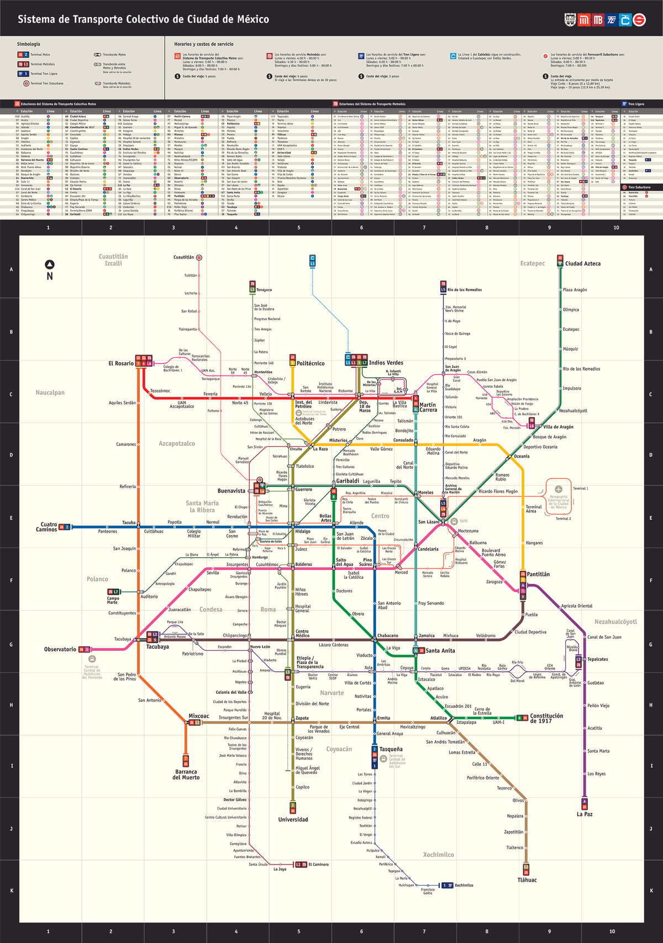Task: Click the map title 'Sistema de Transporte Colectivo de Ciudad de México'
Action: click(x=143, y=19)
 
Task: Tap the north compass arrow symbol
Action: click(x=50, y=265)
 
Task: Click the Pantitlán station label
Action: click(x=538, y=575)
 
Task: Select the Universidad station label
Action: click(x=293, y=819)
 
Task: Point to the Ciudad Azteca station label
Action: click(x=582, y=264)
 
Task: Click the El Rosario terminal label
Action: click(x=121, y=363)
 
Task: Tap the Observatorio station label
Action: click(x=60, y=649)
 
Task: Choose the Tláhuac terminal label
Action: click(x=527, y=880)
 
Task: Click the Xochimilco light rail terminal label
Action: click(x=464, y=885)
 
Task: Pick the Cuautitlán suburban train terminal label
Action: click(x=184, y=257)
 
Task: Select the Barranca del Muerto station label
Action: click(x=186, y=775)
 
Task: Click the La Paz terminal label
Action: click(x=585, y=814)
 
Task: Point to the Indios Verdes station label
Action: click(x=386, y=363)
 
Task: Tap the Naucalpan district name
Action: click(x=50, y=393)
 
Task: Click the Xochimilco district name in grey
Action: click(x=438, y=855)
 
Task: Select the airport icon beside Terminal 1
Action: click(x=559, y=489)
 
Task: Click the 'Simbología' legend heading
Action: click(x=28, y=44)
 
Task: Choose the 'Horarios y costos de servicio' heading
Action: click(x=204, y=44)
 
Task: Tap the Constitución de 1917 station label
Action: click(x=546, y=718)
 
